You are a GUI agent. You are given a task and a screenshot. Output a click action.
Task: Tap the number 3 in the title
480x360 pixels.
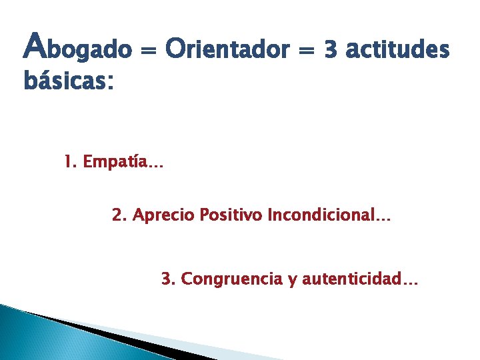(331, 48)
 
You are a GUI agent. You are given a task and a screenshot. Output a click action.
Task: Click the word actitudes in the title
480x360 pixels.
(399, 48)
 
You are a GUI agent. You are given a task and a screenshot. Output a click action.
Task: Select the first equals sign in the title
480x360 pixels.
(149, 49)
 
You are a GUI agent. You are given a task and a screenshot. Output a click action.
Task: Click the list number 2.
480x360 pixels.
(117, 215)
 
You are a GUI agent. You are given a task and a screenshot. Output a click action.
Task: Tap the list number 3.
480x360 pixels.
(166, 279)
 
